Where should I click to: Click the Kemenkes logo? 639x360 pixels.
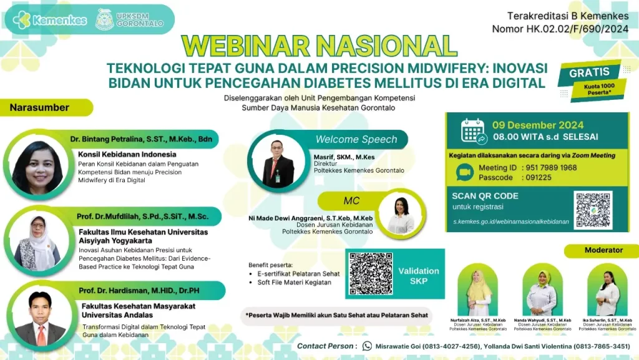click(50, 20)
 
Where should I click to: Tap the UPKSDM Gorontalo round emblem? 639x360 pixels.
click(104, 19)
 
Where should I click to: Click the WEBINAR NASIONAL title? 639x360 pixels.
click(318, 46)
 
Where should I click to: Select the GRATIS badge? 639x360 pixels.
click(588, 72)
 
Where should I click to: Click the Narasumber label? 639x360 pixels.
click(39, 107)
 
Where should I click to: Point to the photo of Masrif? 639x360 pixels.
click(278, 162)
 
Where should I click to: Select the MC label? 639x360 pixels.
click(352, 200)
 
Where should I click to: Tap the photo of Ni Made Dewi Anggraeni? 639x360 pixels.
click(401, 215)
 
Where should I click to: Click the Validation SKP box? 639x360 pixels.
click(418, 275)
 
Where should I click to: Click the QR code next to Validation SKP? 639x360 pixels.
click(371, 274)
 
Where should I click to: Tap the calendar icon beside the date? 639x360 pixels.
click(472, 132)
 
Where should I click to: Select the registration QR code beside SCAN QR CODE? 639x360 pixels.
click(593, 210)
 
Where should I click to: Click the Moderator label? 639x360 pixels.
click(603, 250)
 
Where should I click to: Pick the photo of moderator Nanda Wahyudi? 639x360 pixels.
click(540, 291)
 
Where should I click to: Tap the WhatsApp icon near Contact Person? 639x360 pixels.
click(367, 346)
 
